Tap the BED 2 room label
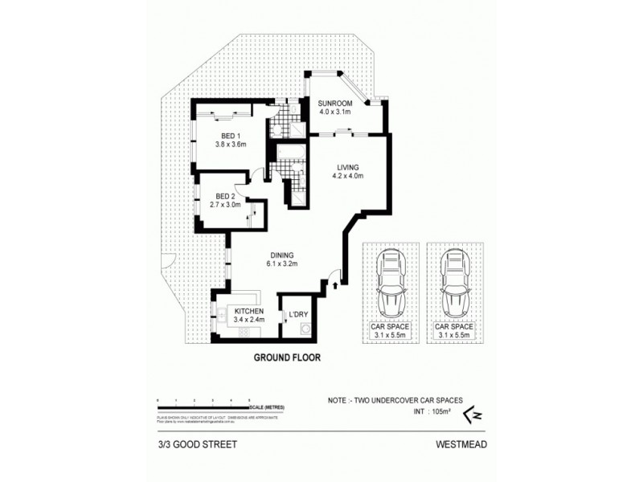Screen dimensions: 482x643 point(225,196)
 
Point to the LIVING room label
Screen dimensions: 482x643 point(347,166)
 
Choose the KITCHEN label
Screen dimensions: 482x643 point(249,311)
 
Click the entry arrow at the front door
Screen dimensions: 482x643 point(334,282)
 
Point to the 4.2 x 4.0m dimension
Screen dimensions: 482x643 point(347,175)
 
